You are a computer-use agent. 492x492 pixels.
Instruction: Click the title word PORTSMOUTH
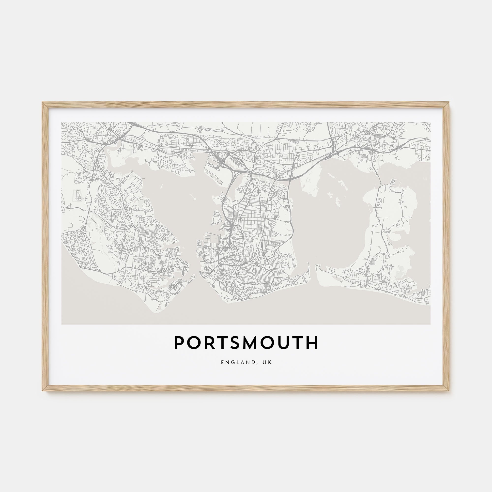[x=246, y=343]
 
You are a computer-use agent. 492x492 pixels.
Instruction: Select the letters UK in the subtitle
[x=268, y=362]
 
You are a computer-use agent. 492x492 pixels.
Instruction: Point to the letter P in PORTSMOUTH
[x=180, y=343]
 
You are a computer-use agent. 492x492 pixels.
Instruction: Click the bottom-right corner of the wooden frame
[x=449, y=391]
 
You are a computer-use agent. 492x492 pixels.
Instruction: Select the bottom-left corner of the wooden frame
[x=43, y=391]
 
